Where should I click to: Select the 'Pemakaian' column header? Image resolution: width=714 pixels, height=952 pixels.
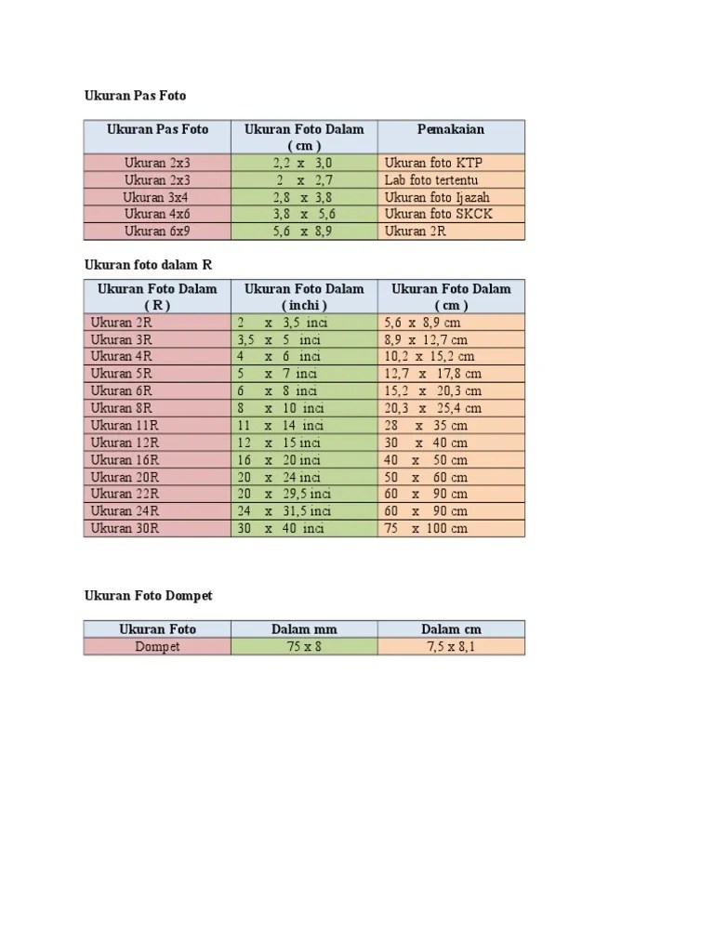pos(451,129)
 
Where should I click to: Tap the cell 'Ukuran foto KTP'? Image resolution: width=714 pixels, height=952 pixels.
pos(433,163)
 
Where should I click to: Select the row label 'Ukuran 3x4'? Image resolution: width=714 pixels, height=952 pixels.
pos(156,197)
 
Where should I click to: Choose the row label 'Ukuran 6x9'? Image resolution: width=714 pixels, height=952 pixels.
pos(156,231)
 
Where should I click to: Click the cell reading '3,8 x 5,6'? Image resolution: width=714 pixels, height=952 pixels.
pos(303,214)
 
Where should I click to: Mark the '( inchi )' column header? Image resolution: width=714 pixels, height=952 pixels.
pos(303,305)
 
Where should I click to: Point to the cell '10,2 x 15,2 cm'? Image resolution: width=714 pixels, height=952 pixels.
pos(429,356)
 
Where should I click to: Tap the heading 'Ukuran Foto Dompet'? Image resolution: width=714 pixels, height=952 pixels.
pos(148,595)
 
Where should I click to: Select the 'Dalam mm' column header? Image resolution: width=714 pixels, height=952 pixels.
pos(303,629)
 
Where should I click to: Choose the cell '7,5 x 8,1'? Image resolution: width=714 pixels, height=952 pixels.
pos(451,646)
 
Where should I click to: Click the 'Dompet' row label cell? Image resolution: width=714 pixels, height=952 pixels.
pos(156,646)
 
